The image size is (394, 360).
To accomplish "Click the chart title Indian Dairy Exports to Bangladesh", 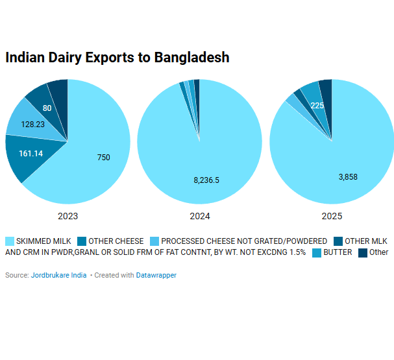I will (117, 57).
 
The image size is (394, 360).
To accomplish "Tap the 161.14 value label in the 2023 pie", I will (31, 154).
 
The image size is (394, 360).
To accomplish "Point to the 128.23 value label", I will (32, 124).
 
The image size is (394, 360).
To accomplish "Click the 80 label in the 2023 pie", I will (47, 108).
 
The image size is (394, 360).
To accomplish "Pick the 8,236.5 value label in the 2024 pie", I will (206, 180).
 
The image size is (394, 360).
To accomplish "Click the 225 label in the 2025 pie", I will (317, 106).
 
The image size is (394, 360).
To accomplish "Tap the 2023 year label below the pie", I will (68, 216).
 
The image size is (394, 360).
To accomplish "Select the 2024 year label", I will (199, 216).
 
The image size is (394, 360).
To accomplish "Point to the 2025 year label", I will (331, 216).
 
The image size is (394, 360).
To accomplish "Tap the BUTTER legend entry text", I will (338, 252).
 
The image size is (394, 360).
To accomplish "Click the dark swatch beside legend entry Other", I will (363, 252).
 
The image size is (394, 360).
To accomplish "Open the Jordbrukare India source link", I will (58, 275).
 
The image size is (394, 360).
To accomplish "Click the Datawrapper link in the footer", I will (156, 275).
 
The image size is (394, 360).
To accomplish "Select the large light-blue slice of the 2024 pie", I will (208, 149).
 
